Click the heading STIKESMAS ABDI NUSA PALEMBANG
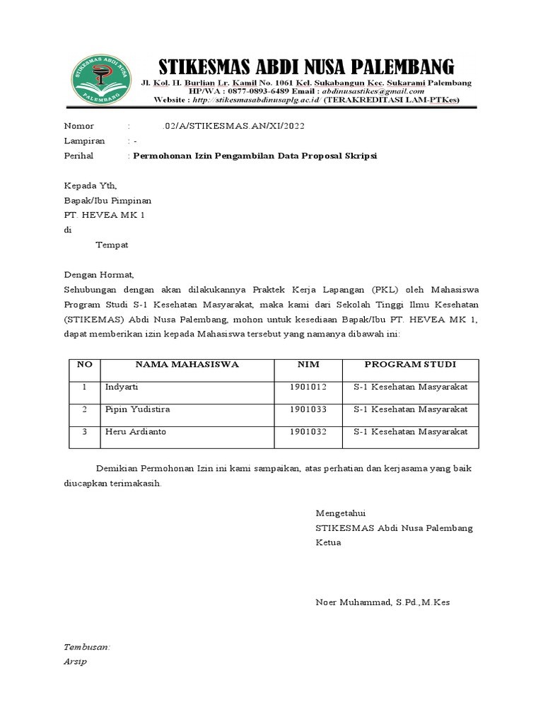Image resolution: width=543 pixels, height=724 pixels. (305, 67)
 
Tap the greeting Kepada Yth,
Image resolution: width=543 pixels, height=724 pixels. (90, 185)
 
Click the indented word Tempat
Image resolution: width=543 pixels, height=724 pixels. (112, 245)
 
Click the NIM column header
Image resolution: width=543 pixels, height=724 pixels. (308, 365)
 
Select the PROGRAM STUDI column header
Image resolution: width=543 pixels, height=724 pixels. (410, 365)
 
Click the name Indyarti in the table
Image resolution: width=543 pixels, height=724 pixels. (123, 387)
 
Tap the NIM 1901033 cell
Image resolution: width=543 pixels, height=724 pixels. (308, 409)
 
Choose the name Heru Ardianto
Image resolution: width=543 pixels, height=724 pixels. (136, 431)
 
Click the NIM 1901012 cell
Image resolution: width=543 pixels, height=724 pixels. (308, 387)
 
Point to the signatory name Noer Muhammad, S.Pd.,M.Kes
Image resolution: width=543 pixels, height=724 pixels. (383, 602)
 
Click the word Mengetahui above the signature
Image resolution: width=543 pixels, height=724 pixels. (341, 513)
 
